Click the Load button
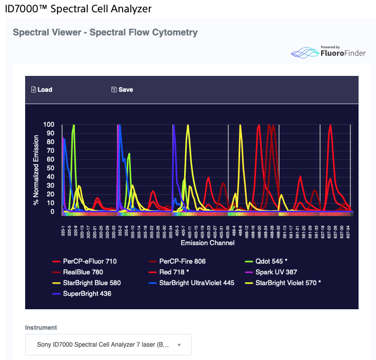pyautogui.click(x=42, y=90)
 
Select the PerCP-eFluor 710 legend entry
pyautogui.click(x=89, y=262)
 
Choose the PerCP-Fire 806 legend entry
pyautogui.click(x=182, y=262)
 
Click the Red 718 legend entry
pyautogui.click(x=174, y=272)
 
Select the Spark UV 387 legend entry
pyautogui.click(x=276, y=272)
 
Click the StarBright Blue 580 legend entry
pyautogui.click(x=91, y=283)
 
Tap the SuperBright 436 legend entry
pyautogui.click(x=87, y=294)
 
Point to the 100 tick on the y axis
pyautogui.click(x=49, y=125)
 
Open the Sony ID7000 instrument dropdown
pyautogui.click(x=108, y=345)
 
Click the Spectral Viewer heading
pyautogui.click(x=105, y=32)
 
